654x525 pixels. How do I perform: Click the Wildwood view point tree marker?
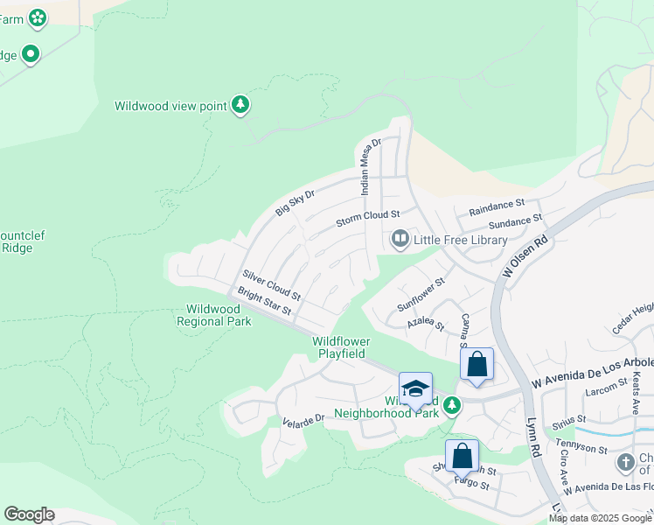(x=240, y=106)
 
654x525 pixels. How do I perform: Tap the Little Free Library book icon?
(x=400, y=239)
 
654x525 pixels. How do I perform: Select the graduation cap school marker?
(x=415, y=388)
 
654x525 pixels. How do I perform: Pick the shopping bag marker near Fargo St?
(x=462, y=455)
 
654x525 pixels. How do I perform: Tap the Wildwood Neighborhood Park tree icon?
(x=451, y=405)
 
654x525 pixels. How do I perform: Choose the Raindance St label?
(x=496, y=206)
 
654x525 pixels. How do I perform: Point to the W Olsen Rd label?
(x=525, y=255)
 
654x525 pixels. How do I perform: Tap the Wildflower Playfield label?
(x=343, y=347)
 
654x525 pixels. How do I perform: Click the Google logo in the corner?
(x=28, y=514)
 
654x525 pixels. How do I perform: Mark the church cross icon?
(x=624, y=462)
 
